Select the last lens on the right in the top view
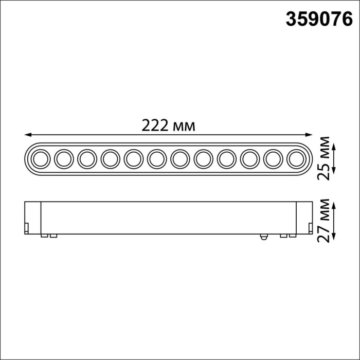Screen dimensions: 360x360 coord(295,159)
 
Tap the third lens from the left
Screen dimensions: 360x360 coord(86,159)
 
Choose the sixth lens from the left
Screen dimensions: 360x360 coord(156,159)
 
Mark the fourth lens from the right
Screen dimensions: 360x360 coord(225,159)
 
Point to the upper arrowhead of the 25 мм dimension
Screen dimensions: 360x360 coord(335,147)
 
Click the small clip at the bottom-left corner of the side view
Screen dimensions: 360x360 coord(27,227)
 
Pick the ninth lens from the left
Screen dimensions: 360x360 coord(225,159)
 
